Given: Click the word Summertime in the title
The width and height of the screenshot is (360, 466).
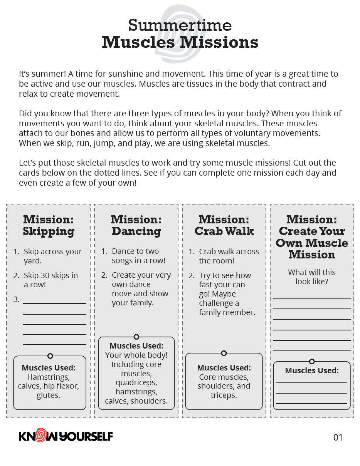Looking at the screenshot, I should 180,25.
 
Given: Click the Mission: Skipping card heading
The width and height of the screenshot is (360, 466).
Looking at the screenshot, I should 49,225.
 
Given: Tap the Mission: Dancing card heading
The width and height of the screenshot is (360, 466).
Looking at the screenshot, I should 136,225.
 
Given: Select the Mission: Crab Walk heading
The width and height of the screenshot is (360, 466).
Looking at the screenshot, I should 224,225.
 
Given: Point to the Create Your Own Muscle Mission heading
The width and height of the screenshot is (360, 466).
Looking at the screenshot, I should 312,237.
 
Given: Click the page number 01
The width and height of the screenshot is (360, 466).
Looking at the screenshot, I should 338,437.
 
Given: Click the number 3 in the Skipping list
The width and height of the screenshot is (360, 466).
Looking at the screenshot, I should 16,299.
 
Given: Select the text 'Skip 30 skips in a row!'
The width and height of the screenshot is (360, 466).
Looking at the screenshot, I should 50,280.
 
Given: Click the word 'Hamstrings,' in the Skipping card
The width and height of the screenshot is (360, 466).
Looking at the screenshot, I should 48,377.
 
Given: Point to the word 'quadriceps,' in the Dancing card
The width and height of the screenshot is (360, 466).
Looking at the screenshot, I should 136,382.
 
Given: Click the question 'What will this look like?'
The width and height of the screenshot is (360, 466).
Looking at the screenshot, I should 312,277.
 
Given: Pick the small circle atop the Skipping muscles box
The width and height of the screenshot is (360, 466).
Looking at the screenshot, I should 50,356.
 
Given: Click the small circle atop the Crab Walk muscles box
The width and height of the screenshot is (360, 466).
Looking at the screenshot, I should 224,353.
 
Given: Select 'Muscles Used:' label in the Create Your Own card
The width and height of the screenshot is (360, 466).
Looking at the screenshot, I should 312,370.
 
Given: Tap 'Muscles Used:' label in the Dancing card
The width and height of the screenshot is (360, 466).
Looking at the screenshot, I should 136,346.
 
